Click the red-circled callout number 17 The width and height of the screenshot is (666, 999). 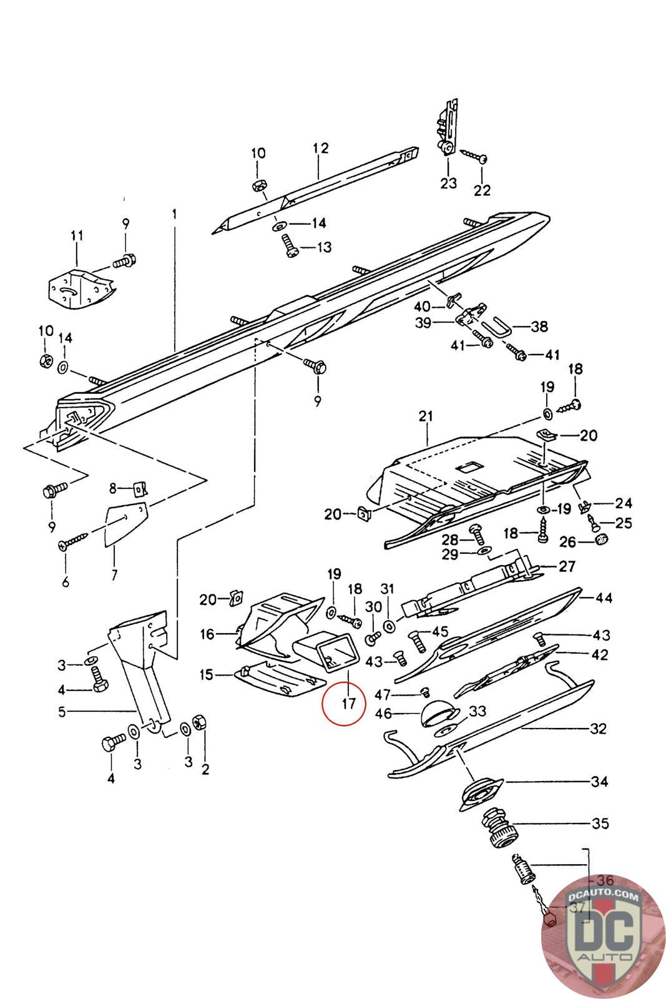tap(348, 703)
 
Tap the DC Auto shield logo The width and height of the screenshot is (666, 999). tap(603, 936)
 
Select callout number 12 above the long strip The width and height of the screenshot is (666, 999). tap(321, 148)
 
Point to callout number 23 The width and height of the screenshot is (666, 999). tap(448, 183)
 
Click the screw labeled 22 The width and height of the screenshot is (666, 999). tap(473, 155)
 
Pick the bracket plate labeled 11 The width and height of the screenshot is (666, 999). tap(81, 287)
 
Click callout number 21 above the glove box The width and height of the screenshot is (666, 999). tap(426, 416)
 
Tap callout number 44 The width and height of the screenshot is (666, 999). tap(604, 597)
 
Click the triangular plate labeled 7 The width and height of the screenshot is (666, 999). tap(125, 524)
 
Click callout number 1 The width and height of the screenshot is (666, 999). tap(175, 215)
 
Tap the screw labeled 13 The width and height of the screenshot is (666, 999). tap(290, 246)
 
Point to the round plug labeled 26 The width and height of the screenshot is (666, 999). tap(602, 538)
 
